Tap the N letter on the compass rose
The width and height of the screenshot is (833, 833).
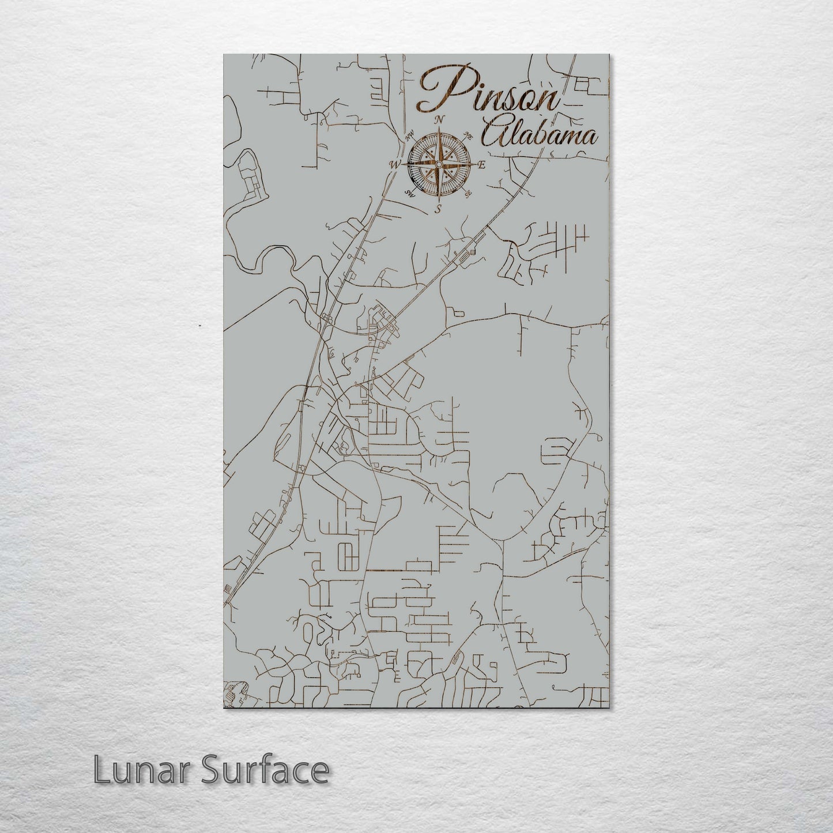tap(440, 119)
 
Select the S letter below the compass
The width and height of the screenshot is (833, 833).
tap(438, 209)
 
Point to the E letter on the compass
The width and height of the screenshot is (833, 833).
tap(482, 165)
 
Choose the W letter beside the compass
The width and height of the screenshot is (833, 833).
tap(395, 165)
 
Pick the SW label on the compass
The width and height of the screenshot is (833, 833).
tap(409, 193)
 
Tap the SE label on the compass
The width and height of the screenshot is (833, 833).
tap(469, 193)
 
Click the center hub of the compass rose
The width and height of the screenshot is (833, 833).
tap(439, 165)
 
